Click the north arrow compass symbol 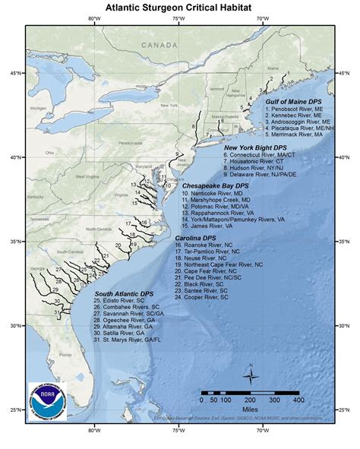(251, 375)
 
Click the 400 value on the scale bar (298, 400)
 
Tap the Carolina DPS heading (197, 238)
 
